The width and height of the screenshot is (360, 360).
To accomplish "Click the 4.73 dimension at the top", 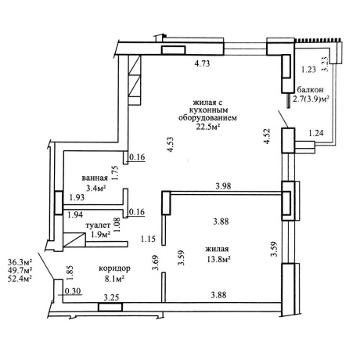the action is (203, 63).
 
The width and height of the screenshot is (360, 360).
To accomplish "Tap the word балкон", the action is (310, 90).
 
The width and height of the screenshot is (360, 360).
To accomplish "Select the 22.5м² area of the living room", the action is (208, 126).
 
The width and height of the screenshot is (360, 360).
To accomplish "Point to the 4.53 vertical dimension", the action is (171, 145).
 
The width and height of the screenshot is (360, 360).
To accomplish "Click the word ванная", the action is (95, 178).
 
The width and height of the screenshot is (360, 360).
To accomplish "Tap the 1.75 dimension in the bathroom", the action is (115, 173).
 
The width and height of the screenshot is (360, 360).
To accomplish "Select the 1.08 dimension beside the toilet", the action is (117, 225).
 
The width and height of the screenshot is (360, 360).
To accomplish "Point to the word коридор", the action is (114, 268).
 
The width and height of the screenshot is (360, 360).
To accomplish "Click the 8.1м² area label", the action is (114, 279).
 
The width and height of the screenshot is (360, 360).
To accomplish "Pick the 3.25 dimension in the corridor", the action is (111, 297).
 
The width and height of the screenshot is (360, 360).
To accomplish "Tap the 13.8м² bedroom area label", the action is (218, 259).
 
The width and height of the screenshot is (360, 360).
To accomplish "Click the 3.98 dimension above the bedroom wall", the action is (223, 186).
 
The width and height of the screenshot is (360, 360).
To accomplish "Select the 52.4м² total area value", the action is (20, 279).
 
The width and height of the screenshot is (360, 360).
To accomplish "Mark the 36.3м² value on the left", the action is (20, 261).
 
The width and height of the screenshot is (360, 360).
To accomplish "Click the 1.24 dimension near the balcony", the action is (316, 133).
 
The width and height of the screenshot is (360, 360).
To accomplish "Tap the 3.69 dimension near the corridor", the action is (156, 264).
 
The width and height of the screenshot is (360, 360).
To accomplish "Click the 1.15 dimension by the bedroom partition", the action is (148, 239).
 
